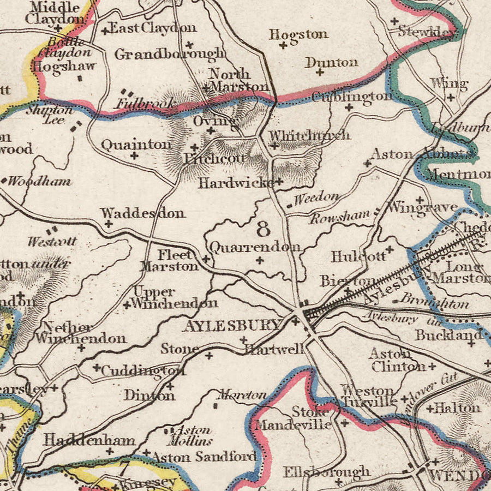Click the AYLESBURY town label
232,326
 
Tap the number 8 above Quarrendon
263,227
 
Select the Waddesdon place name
143,213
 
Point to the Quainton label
136,145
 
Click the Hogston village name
298,34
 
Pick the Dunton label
331,62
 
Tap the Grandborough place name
169,53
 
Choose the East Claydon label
153,28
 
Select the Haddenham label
89,439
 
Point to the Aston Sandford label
203,456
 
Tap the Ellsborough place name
326,471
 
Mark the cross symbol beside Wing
451,97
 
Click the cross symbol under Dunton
320,72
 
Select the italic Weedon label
316,197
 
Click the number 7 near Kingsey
124,468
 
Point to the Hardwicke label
236,183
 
